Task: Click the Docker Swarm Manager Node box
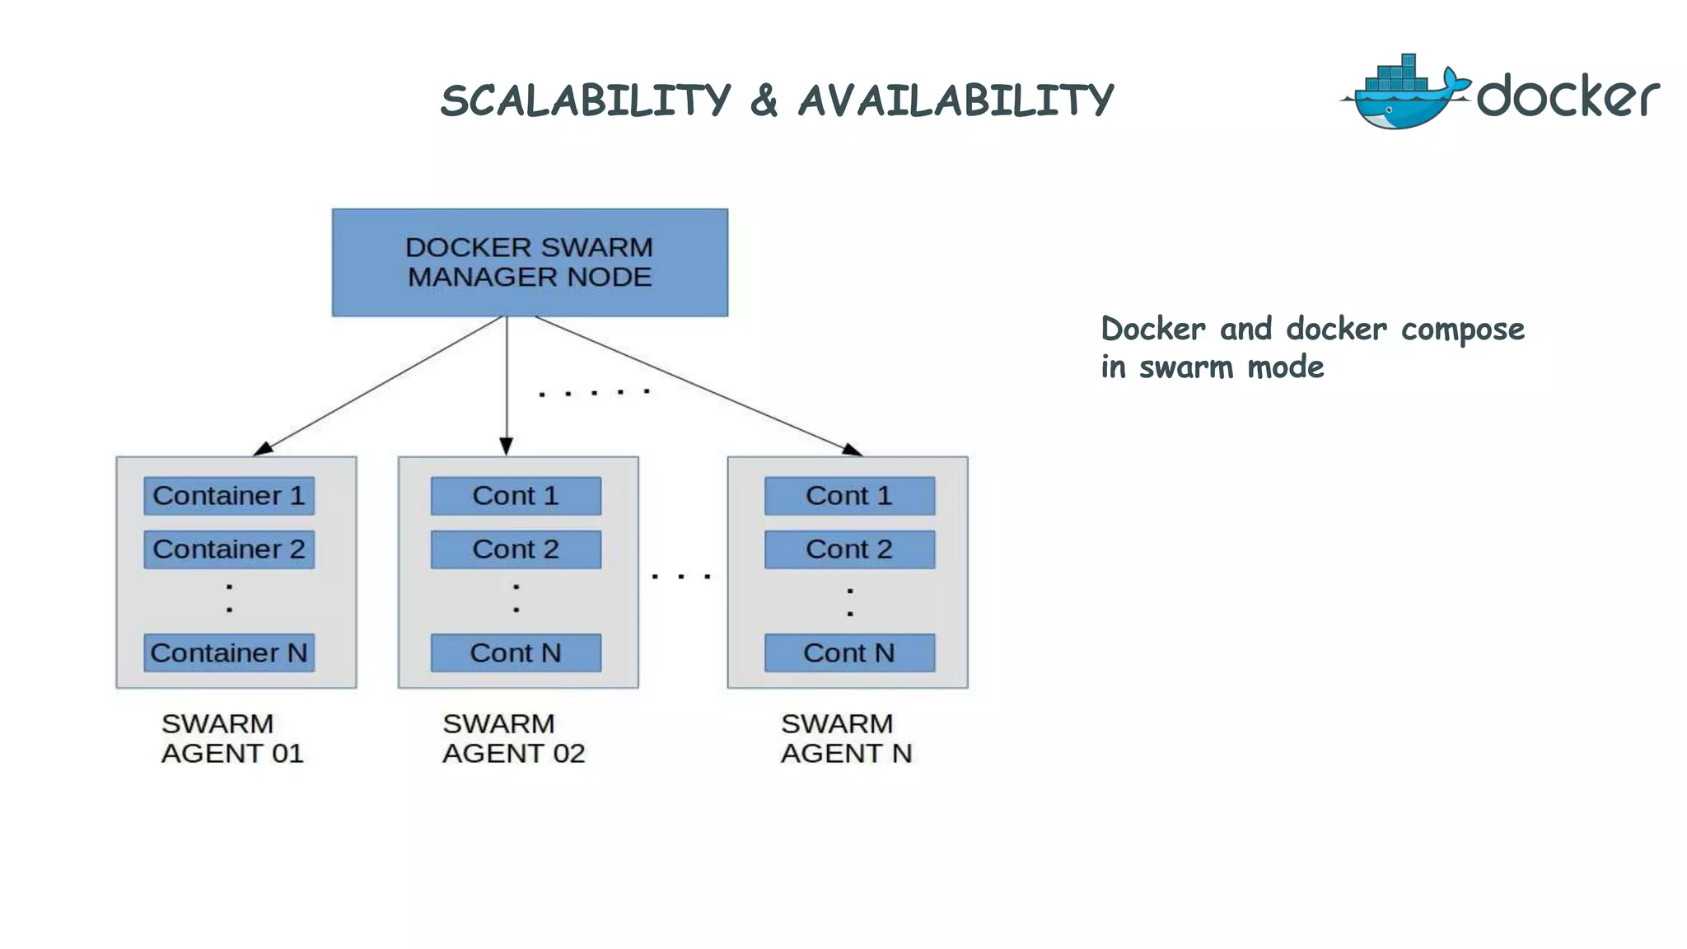click(x=530, y=262)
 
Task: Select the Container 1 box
click(x=229, y=496)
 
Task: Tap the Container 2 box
click(x=229, y=549)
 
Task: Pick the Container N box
click(x=229, y=652)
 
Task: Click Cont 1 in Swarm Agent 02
click(x=516, y=496)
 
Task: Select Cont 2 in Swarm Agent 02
click(x=516, y=549)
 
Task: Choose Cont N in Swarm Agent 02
click(x=516, y=652)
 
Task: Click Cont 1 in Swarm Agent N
click(x=849, y=496)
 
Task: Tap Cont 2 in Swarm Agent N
click(x=849, y=549)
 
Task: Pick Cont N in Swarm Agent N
click(x=849, y=652)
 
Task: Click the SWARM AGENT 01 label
click(x=232, y=738)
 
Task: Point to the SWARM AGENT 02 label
click(x=513, y=738)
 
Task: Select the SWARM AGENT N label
click(x=846, y=738)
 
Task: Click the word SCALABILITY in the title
click(x=586, y=101)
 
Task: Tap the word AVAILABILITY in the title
click(x=956, y=101)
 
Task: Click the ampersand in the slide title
click(x=764, y=101)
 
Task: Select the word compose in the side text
click(x=1462, y=330)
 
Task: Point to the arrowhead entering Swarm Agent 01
click(x=263, y=448)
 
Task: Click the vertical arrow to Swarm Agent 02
click(x=507, y=379)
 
